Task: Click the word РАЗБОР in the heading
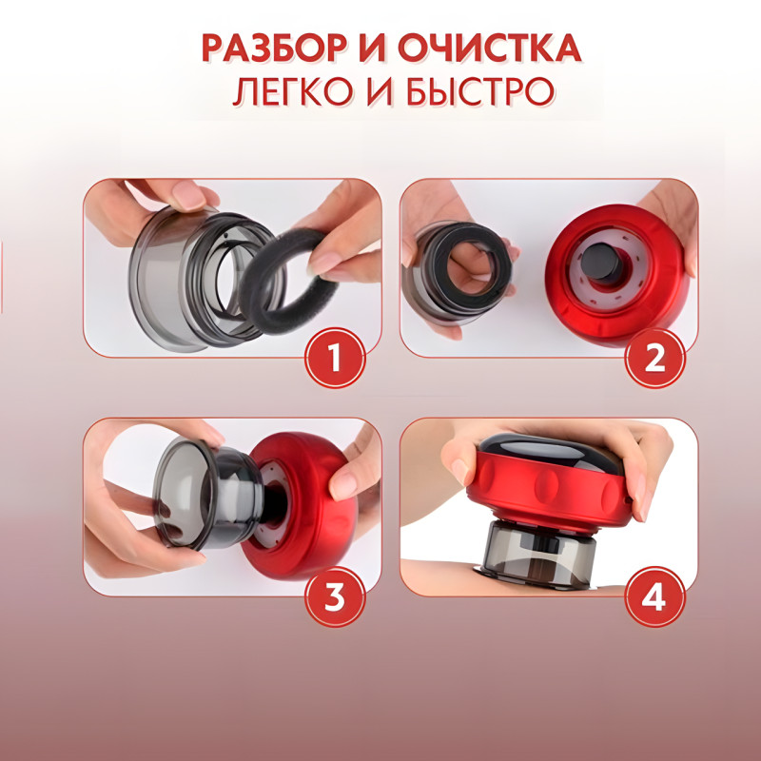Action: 274,49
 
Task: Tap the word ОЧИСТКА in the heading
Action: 489,49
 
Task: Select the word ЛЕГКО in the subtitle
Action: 292,91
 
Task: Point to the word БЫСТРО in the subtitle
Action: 480,91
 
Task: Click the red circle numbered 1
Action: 335,358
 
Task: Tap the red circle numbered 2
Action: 654,358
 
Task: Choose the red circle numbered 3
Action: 335,596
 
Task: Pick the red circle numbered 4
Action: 654,596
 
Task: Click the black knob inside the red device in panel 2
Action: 603,263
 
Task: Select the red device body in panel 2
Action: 617,275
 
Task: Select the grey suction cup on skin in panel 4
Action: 539,555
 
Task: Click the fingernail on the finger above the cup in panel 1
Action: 187,195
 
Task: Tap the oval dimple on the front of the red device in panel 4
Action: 549,486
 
